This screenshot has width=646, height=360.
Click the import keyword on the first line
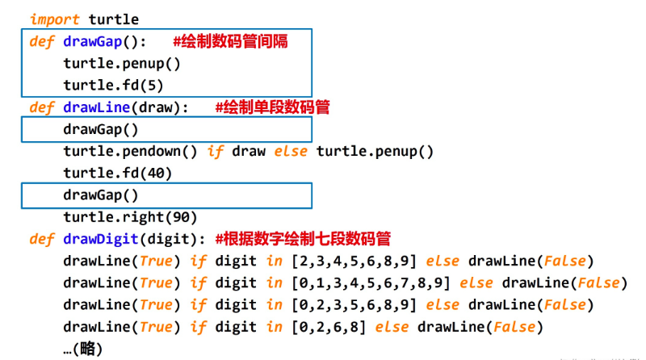55,19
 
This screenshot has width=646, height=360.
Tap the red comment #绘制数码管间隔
230,41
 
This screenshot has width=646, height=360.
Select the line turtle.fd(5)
108,85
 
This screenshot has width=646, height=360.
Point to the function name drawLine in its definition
94,107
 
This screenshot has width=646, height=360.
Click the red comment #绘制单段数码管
272,107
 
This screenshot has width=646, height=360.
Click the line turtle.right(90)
129,217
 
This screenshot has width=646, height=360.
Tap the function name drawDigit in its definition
97,239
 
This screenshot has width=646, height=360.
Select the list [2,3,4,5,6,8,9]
353,261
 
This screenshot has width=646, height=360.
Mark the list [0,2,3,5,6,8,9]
353,304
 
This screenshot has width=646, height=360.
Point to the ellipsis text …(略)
82,348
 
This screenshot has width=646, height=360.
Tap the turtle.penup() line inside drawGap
121,63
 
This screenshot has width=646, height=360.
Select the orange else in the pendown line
291,151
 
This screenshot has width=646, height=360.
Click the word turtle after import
113,19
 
